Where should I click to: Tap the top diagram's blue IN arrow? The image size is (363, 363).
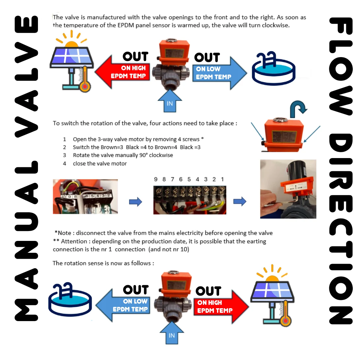point(170,101)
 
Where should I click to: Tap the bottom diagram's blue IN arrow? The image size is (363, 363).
point(172,333)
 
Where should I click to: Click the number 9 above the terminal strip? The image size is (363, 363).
point(156,179)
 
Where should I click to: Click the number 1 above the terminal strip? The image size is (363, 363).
point(222,179)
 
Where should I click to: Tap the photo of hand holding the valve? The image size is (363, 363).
point(288,189)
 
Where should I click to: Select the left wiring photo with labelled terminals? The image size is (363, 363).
point(85,197)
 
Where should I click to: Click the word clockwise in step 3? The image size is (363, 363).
point(161,155)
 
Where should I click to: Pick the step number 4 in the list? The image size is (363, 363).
point(64,163)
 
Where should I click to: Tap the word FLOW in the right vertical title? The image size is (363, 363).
point(341,66)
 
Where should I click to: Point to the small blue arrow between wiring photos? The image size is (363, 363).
point(135,201)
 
